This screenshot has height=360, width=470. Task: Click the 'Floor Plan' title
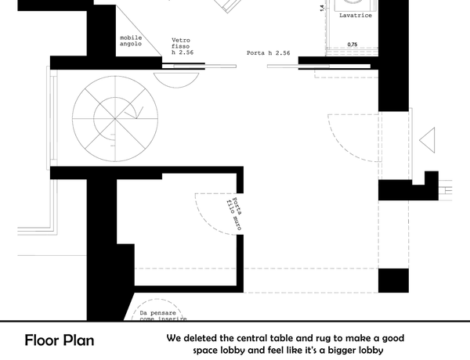tap(60, 340)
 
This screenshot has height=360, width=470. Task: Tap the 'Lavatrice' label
tap(356, 16)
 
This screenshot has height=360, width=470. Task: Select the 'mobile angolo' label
tap(131, 41)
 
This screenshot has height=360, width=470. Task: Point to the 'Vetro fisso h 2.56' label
tap(183, 46)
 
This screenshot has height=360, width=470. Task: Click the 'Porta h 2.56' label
tap(268, 53)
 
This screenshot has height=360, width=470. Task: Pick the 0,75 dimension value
tap(352, 45)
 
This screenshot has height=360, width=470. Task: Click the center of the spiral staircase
tap(115, 119)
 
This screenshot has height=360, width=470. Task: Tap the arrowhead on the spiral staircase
tap(139, 113)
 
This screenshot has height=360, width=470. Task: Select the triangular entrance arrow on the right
tap(427, 140)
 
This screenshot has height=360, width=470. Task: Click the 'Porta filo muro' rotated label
tap(233, 214)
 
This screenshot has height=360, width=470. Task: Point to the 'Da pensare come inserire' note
tap(163, 316)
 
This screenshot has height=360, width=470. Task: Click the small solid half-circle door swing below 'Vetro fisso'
tap(176, 81)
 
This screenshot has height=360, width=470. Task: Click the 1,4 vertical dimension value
tap(322, 8)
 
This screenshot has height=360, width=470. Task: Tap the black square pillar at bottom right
tap(393, 281)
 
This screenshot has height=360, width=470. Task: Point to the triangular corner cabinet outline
tap(139, 31)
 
